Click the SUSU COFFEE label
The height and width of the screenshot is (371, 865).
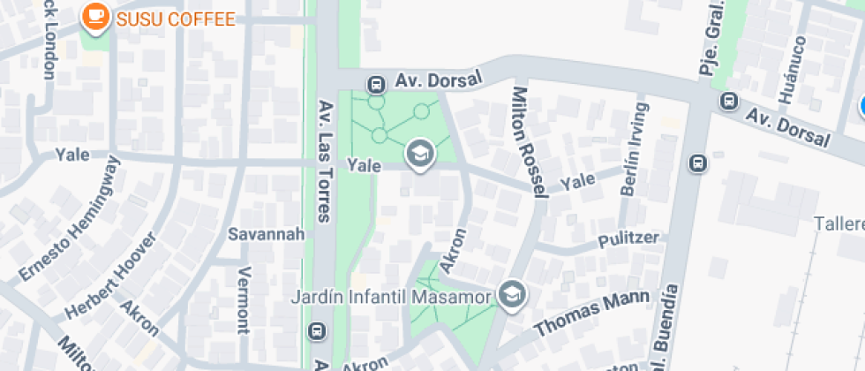point(176,19)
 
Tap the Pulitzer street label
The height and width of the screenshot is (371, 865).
point(628,238)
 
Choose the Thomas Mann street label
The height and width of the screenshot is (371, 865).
point(592,314)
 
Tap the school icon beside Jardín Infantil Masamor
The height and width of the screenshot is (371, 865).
point(511,295)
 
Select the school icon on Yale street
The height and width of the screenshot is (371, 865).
point(421,155)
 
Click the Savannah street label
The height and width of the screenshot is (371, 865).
point(266,234)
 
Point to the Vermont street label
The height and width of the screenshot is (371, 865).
point(244,299)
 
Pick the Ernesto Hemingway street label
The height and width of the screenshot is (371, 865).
point(70,218)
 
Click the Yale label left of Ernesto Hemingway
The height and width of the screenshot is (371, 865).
point(72,155)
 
